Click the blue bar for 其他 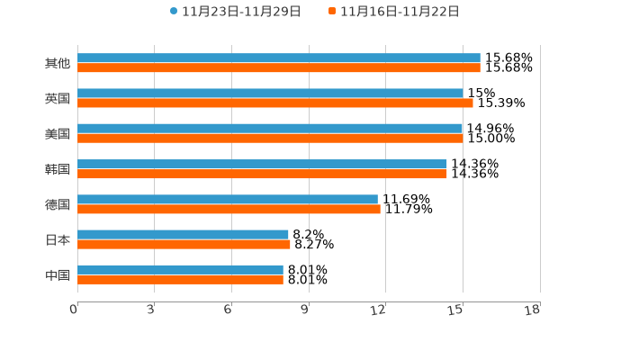pos(279,58)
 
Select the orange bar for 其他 pos(279,67)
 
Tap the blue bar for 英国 pos(270,93)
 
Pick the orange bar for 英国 pos(275,103)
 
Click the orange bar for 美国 pos(270,139)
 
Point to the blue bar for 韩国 pos(262,164)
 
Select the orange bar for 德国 pos(229,209)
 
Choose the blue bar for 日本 pos(183,234)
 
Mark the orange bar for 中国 pos(180,280)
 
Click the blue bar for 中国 pos(180,270)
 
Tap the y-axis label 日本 pos(58,239)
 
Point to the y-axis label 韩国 pos(58,169)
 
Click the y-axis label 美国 pos(58,133)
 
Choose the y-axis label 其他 pos(58,63)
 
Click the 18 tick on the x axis pos(533,310)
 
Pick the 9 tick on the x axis pos(305,310)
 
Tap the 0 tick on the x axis pos(75,310)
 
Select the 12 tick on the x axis pos(379,310)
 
